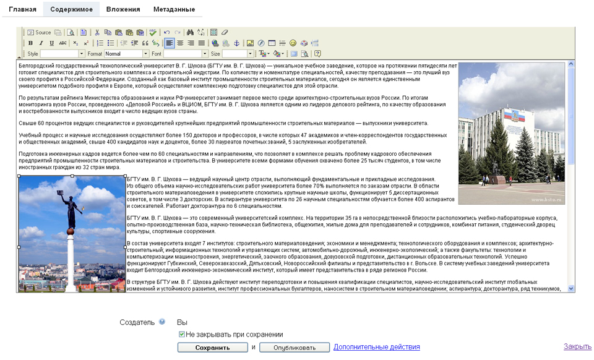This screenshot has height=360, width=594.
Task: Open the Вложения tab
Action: tap(123, 9)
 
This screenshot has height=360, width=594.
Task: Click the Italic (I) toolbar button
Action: tap(41, 43)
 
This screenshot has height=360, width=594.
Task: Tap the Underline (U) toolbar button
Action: tap(52, 43)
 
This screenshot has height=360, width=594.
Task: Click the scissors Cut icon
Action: tap(97, 32)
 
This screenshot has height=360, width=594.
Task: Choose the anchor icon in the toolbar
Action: tap(236, 43)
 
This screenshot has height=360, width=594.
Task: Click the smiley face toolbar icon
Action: tap(293, 43)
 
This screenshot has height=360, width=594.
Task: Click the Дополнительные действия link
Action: tap(376, 347)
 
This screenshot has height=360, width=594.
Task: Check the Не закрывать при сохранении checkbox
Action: tap(182, 334)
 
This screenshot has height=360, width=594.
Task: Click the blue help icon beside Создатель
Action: tap(162, 322)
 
